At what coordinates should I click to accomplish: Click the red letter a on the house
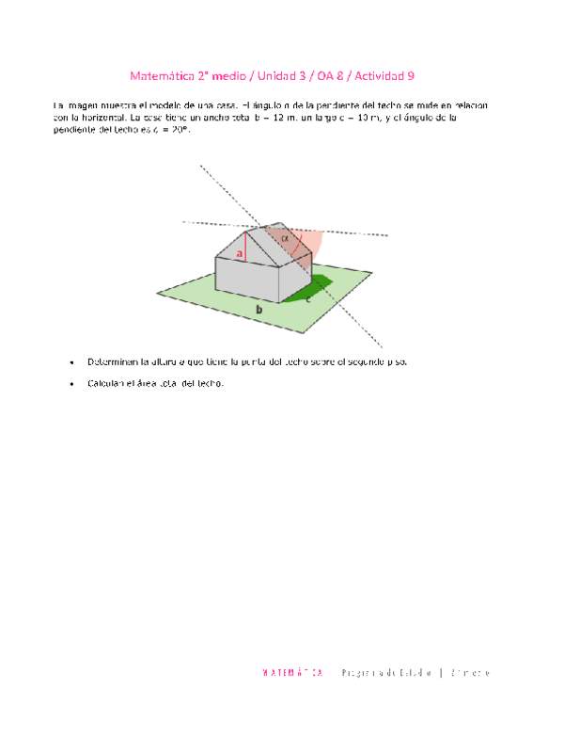click(241, 253)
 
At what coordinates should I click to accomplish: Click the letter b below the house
click(258, 308)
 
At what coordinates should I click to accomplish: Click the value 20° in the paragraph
click(170, 129)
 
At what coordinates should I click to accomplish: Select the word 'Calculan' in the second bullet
click(107, 383)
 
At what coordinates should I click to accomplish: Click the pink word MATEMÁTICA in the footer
click(292, 673)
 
